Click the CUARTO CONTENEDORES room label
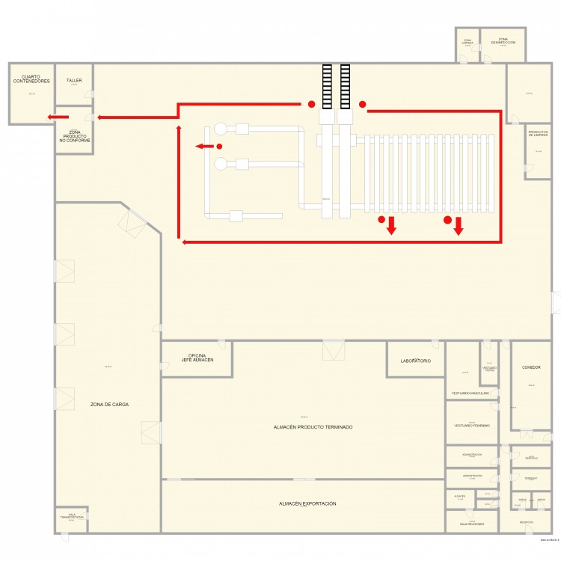pyautogui.click(x=31, y=79)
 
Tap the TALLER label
pyautogui.click(x=73, y=80)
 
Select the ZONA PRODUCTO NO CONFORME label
pyautogui.click(x=74, y=136)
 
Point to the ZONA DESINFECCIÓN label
pyautogui.click(x=503, y=41)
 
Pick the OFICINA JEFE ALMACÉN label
pyautogui.click(x=197, y=358)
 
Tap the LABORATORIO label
pyautogui.click(x=415, y=361)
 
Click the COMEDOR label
pyautogui.click(x=531, y=367)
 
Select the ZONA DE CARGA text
pyautogui.click(x=109, y=404)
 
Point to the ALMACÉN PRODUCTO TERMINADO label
pyautogui.click(x=313, y=427)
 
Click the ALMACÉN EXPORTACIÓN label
pyautogui.click(x=307, y=504)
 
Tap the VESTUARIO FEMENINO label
pyautogui.click(x=471, y=425)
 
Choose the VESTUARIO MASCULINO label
pyautogui.click(x=470, y=393)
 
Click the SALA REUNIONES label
pyautogui.click(x=471, y=524)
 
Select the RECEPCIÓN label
pyautogui.click(x=526, y=523)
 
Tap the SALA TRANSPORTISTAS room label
pyautogui.click(x=72, y=516)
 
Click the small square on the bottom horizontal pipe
pyautogui.click(x=236, y=217)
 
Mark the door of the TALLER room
pyautogui.click(x=88, y=95)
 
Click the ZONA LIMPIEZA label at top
pyautogui.click(x=467, y=42)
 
